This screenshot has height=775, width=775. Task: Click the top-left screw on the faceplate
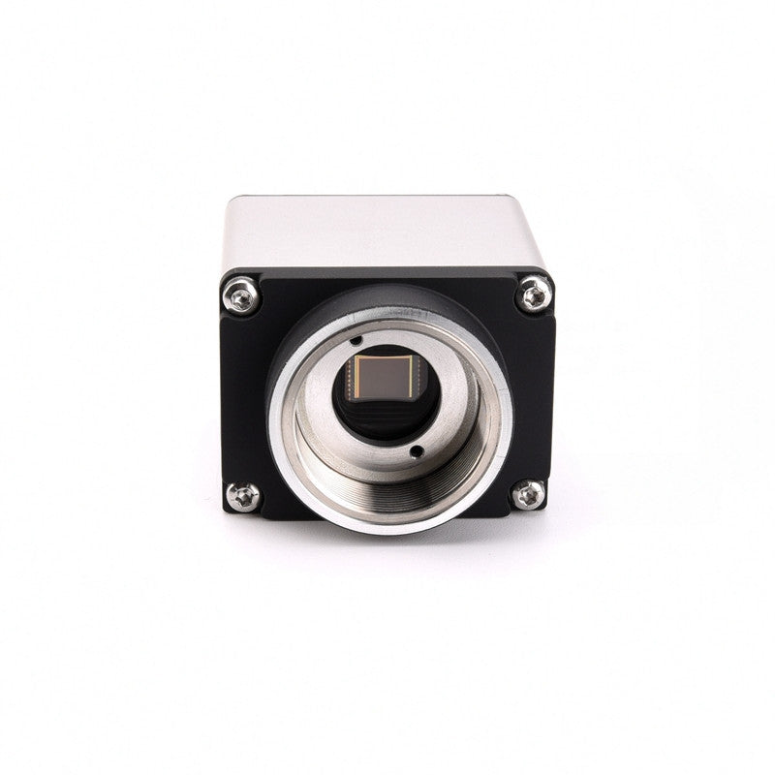pyautogui.click(x=241, y=294)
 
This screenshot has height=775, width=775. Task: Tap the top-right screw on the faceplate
pyautogui.click(x=534, y=294)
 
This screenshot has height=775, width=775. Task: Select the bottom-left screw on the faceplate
pyautogui.click(x=242, y=496)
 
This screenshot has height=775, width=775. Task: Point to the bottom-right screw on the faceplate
pyautogui.click(x=529, y=494)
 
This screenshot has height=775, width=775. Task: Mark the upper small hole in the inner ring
pyautogui.click(x=356, y=340)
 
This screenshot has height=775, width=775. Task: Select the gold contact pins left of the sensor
pyautogui.click(x=355, y=381)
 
